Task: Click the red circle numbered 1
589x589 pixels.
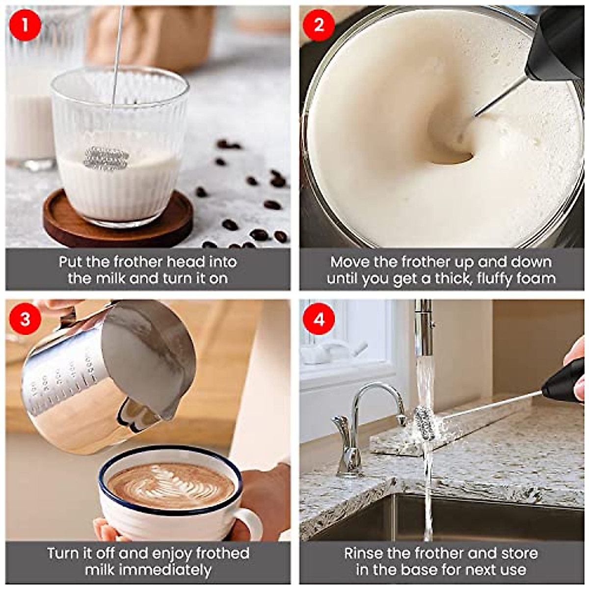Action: pos(26,25)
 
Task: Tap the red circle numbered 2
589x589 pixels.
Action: pos(319,25)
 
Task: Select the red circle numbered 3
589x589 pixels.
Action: pos(26,319)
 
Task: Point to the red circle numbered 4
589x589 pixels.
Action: pos(319,319)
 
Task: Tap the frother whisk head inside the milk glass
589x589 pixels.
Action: pos(107,159)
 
